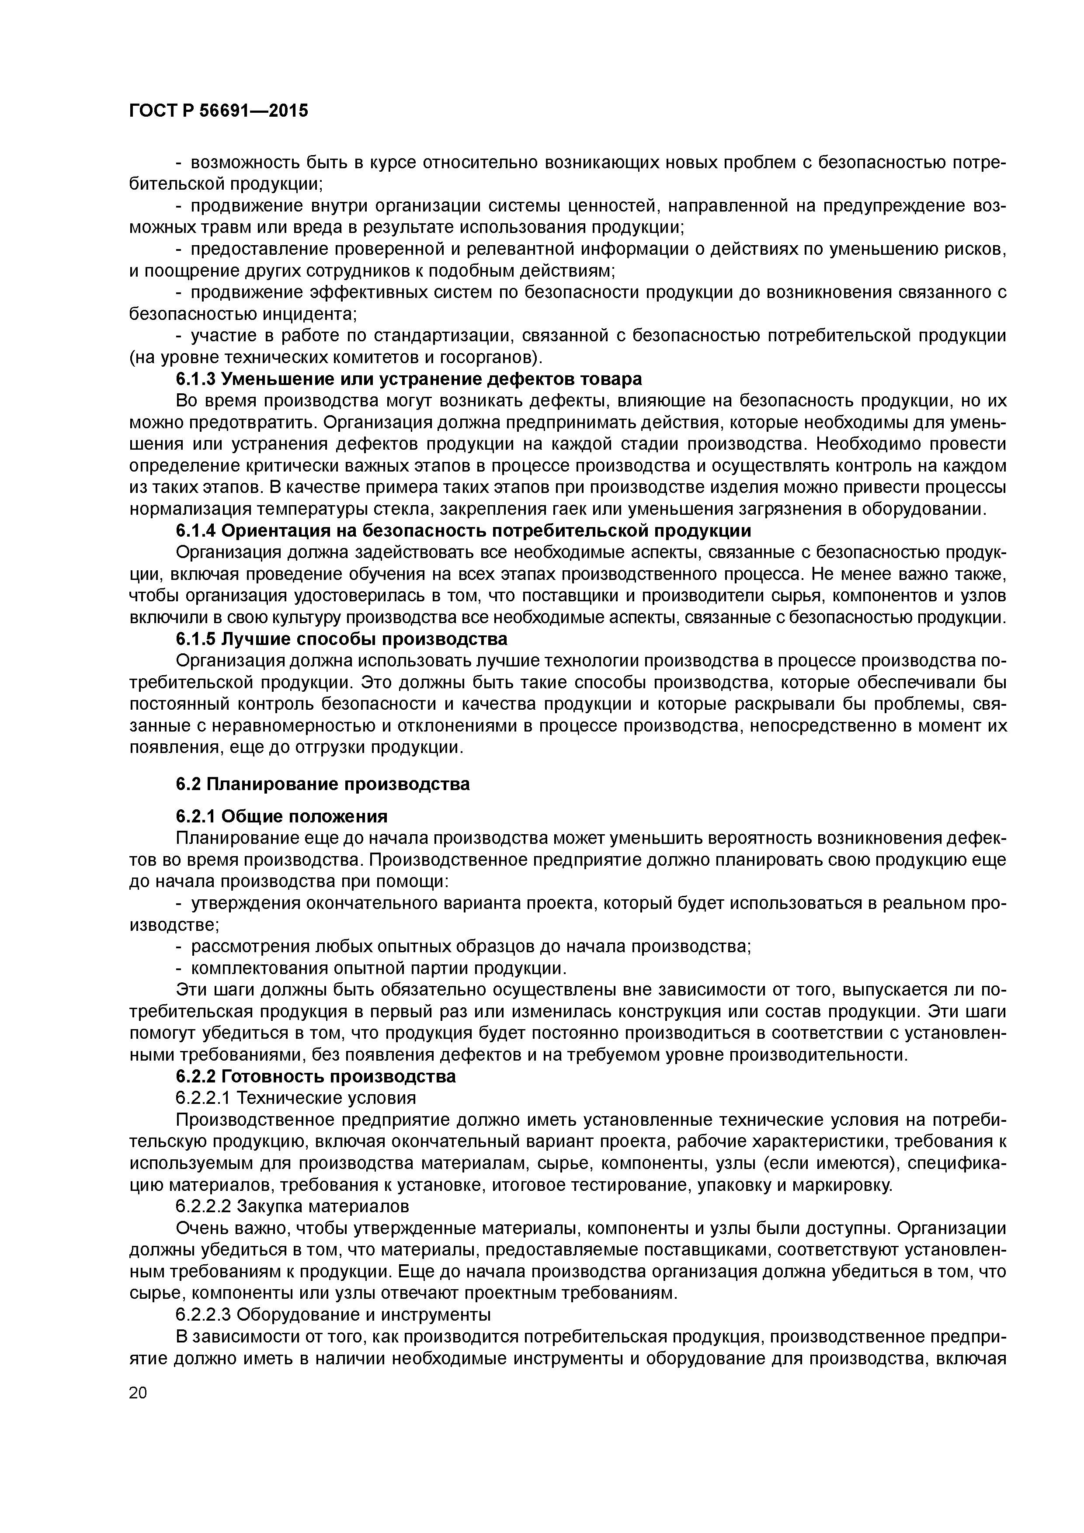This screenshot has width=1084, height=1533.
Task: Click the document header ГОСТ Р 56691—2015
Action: coord(219,111)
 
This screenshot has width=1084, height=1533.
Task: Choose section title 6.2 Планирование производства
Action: coord(323,784)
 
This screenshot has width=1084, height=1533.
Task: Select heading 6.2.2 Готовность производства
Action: coord(316,1076)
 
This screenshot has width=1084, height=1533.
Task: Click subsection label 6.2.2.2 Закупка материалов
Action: coord(292,1207)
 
